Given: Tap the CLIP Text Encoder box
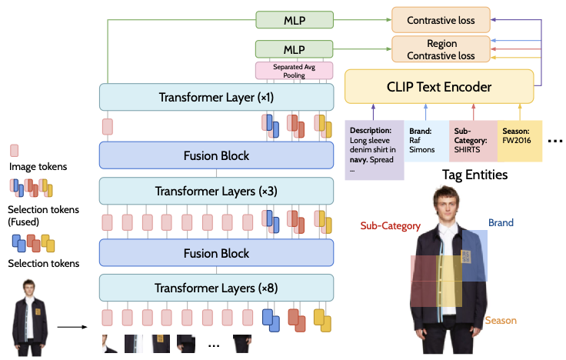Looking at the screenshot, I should [x=438, y=86].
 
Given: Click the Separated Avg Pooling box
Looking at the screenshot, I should [x=293, y=71].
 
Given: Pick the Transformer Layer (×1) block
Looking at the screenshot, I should [x=216, y=98].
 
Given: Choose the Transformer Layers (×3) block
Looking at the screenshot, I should [x=216, y=191].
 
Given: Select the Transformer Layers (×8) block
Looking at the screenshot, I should [x=216, y=288].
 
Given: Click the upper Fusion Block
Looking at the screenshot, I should [x=216, y=155].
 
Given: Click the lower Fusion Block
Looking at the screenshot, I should [x=216, y=252].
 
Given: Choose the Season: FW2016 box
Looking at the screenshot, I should [x=520, y=138].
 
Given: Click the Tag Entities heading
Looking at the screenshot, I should [x=474, y=175].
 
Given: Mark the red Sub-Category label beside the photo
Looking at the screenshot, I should [x=390, y=226].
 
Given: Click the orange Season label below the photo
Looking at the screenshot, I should [x=500, y=320].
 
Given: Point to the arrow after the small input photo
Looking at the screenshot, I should [x=72, y=327].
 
